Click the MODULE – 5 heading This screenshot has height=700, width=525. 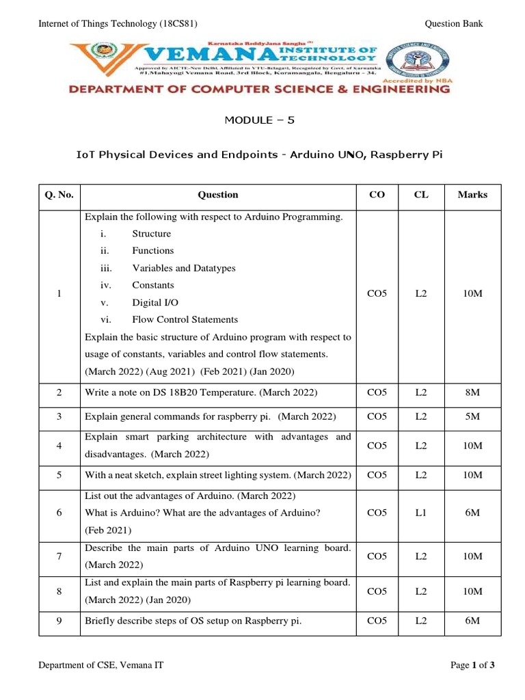pyautogui.click(x=262, y=120)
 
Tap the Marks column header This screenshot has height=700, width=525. pyautogui.click(x=472, y=195)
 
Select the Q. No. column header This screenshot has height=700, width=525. pyautogui.click(x=59, y=195)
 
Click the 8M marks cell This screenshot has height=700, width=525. pyautogui.click(x=472, y=393)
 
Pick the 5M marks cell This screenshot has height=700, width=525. pyautogui.click(x=472, y=416)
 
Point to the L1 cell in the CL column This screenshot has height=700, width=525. pyautogui.click(x=420, y=513)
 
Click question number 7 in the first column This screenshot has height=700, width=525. pyautogui.click(x=59, y=556)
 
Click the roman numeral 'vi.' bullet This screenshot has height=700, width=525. pyautogui.click(x=105, y=319)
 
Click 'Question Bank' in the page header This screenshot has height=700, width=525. pyautogui.click(x=454, y=24)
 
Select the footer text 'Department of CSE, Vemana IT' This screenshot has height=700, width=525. pyautogui.click(x=100, y=664)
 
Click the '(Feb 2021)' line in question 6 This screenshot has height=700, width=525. pyautogui.click(x=108, y=530)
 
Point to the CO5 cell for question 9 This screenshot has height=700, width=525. pyautogui.click(x=377, y=621)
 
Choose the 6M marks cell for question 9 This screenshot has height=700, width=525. pyautogui.click(x=472, y=621)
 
